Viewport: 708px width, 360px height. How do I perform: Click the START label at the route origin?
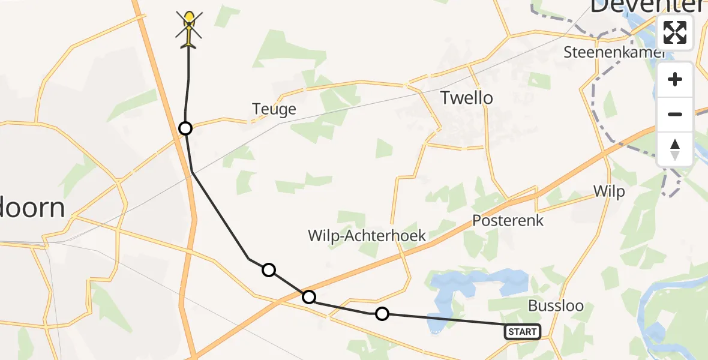(522, 332)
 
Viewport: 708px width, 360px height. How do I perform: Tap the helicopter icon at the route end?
(189, 28)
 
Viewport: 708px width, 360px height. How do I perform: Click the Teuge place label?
(274, 109)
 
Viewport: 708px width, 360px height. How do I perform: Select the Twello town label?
(466, 98)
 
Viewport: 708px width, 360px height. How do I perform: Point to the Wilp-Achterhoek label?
(367, 236)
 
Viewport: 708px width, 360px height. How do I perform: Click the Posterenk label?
(508, 220)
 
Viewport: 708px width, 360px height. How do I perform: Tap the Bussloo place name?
(556, 306)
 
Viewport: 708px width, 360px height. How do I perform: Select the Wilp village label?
(608, 191)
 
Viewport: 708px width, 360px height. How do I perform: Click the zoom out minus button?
(675, 114)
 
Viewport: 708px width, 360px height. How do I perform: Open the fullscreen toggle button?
(675, 32)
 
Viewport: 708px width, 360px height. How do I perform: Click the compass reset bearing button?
(675, 149)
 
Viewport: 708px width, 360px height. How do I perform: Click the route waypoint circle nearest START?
(382, 313)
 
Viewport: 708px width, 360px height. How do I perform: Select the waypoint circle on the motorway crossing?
(308, 297)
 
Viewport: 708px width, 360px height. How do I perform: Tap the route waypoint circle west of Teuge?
(185, 128)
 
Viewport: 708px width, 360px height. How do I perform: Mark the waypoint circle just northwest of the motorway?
(269, 270)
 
